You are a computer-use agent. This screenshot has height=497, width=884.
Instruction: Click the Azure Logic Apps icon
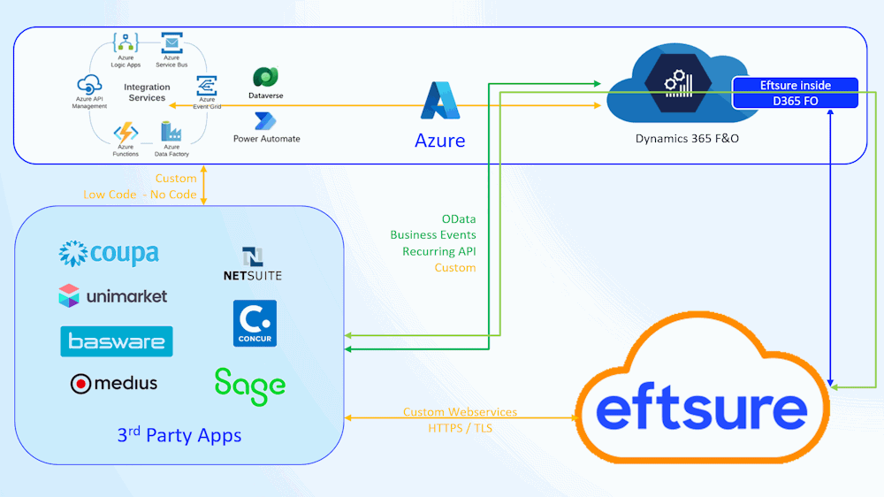126,42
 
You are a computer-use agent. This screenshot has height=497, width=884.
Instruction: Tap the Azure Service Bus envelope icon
171,42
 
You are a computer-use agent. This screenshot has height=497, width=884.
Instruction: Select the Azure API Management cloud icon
89,85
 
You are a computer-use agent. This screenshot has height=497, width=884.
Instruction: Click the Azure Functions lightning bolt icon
126,134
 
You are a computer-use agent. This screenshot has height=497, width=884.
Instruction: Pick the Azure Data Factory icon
171,132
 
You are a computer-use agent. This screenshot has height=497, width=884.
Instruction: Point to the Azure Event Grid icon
206,86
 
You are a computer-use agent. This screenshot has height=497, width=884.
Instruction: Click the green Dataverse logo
265,77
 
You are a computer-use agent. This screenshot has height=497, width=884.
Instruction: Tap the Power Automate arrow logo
265,121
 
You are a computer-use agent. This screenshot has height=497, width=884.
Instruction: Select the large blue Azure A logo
439,101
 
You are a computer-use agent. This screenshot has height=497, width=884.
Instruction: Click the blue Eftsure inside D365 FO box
795,93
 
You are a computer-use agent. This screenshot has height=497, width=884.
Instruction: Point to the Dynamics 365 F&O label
687,139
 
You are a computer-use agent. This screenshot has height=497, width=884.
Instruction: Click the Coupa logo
109,254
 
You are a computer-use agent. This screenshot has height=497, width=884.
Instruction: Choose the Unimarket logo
113,296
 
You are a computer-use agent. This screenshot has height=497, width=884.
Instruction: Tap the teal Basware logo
117,341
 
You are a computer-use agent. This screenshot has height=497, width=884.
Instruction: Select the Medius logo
114,384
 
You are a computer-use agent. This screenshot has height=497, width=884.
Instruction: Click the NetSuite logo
253,264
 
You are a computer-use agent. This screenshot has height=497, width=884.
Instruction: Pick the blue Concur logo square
255,324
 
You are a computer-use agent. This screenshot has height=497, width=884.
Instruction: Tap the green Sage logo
250,387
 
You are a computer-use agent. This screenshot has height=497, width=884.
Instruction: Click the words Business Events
433,234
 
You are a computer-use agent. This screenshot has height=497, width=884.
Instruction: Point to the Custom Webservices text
460,412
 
